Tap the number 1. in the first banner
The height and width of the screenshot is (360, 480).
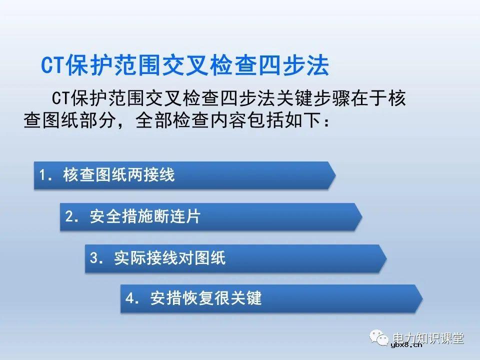pos(46,175)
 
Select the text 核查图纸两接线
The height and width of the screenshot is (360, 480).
pos(118,175)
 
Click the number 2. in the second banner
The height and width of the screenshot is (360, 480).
pos(72,217)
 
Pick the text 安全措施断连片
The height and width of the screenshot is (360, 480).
pos(145,217)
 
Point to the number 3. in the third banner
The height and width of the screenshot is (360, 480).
pos(96,258)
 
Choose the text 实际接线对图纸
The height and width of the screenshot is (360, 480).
pos(169,258)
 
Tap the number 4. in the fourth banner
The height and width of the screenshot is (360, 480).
pos(132,299)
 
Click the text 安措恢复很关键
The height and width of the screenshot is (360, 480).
pos(205,299)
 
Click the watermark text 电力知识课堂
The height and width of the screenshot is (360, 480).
pos(428,338)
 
